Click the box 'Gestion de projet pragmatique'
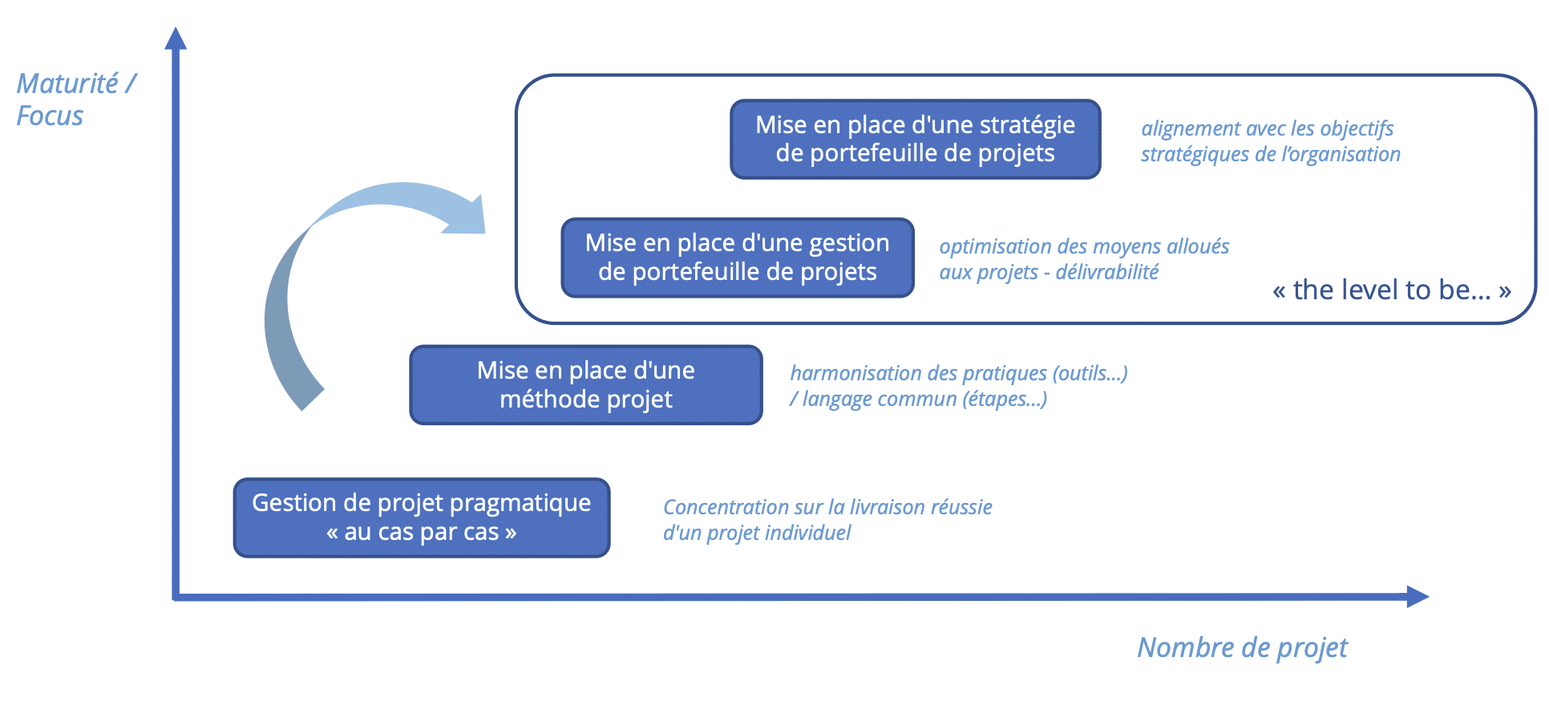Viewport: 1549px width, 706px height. [422, 517]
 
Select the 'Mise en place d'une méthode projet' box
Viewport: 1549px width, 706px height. [586, 385]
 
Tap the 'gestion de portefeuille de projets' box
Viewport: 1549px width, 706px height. [738, 258]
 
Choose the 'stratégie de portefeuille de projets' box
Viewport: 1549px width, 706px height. [916, 139]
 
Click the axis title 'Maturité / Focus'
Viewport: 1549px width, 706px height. [76, 99]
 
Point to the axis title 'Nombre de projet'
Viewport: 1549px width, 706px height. [1242, 647]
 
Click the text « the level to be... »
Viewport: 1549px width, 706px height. [1391, 290]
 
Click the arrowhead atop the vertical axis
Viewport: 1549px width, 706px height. [176, 38]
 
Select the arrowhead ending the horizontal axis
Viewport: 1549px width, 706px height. [1418, 597]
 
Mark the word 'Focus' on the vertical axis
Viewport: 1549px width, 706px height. [50, 116]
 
